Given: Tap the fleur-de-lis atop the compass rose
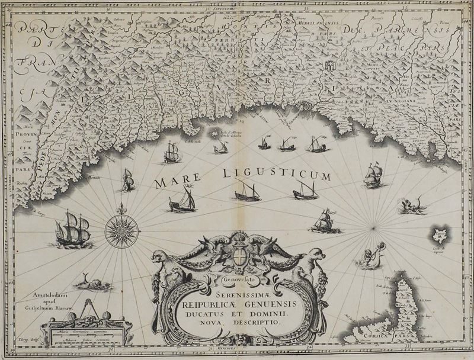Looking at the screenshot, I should [x=121, y=210].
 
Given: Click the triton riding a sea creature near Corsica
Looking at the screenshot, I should [x=370, y=256].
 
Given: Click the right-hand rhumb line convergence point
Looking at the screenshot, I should [x=372, y=228].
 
